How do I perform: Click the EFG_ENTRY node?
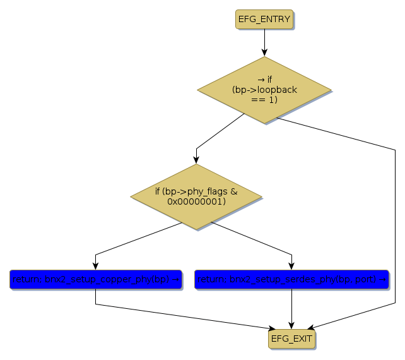coord(264,19)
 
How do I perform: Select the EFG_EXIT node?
coord(291,339)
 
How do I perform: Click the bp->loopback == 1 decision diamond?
coord(264,90)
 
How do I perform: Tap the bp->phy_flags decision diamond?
coord(196,196)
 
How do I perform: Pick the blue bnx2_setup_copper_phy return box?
coord(95,279)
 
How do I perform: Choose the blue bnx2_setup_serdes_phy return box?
coord(291,279)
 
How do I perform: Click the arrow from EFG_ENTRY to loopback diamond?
coord(264,43)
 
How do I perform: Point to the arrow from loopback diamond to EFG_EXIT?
coord(396,221)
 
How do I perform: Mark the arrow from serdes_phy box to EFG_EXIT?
coord(291,309)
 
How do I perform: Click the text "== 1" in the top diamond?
coord(264,100)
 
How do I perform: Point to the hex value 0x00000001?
coord(196,201)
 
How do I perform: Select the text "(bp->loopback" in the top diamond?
coord(264,90)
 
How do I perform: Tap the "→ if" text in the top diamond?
coord(265,80)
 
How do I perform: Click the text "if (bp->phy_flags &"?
coord(196,191)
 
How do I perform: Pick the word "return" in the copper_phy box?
coord(25,279)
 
